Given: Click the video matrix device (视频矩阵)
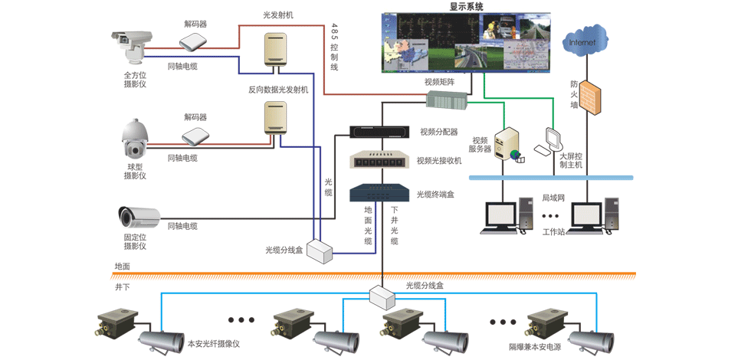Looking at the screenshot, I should pos(445,100).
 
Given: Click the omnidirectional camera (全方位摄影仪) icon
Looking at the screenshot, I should pos(132,48).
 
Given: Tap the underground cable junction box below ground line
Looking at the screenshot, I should pos(382,295).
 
